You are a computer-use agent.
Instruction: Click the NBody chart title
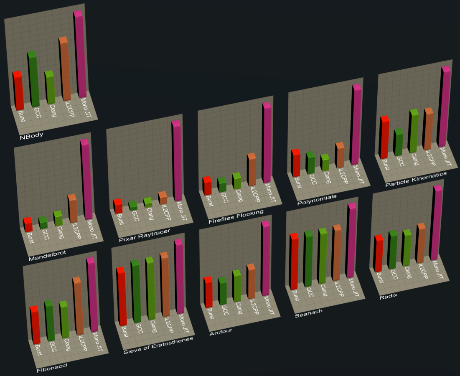pos(32,136)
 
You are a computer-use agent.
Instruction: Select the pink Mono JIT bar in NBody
pos(81,54)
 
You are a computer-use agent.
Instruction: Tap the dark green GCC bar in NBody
pos(34,79)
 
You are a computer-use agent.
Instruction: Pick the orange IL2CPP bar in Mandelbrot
pos(73,209)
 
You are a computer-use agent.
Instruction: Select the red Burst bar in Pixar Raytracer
pos(118,207)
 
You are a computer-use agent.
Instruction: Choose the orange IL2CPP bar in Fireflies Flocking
pos(251,170)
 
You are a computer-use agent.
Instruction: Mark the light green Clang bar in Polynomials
pos(325,163)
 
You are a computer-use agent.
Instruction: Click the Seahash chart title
pos(308,313)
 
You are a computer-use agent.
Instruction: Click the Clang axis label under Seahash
pos(323,291)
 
